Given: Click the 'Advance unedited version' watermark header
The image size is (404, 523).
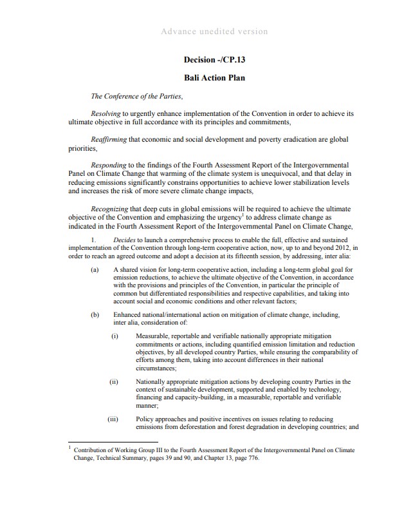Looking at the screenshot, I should [215, 32].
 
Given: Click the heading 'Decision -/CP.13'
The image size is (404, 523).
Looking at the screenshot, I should [215, 60].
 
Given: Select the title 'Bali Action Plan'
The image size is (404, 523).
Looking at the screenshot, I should [215, 79].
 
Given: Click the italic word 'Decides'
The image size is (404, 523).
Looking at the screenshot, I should [125, 240].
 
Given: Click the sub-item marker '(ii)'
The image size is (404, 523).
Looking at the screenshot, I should [114, 382].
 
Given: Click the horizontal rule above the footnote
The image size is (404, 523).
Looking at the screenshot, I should [104, 442].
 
